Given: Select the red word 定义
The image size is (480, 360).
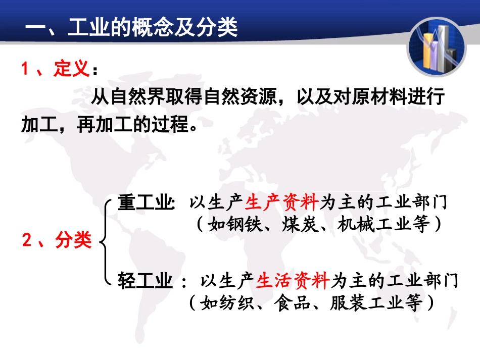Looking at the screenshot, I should (72, 69).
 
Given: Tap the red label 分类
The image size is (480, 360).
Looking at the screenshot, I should (74, 240).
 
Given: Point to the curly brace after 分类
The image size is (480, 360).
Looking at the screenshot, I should (105, 241).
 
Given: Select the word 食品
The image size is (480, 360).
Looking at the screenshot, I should (292, 303).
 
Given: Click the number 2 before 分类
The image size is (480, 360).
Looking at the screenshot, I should (28, 240).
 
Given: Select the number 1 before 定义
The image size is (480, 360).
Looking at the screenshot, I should (26, 69).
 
